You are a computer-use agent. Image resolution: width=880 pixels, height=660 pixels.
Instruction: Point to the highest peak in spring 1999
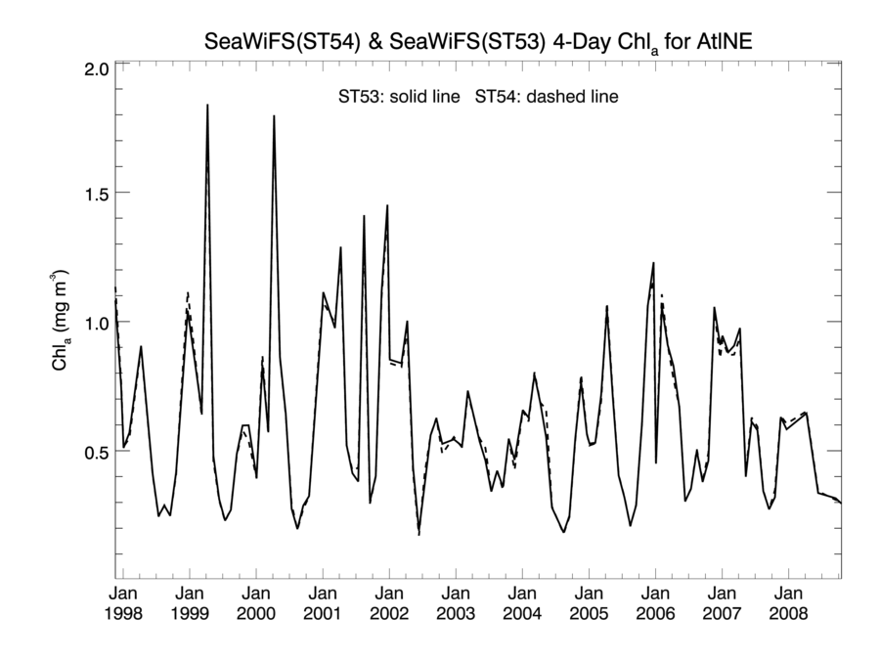click(207, 105)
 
